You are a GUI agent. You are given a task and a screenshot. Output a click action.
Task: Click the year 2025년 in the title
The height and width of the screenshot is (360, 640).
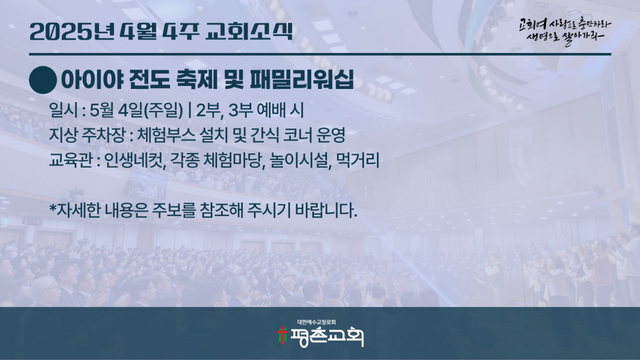[72, 31]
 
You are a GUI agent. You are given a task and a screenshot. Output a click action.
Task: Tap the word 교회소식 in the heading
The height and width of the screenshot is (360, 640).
[249, 31]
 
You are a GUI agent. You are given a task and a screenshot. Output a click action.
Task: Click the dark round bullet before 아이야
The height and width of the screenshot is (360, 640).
[43, 80]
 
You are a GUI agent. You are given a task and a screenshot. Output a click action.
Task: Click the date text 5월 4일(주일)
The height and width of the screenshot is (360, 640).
[136, 110]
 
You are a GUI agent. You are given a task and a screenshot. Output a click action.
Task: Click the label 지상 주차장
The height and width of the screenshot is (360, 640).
[87, 135]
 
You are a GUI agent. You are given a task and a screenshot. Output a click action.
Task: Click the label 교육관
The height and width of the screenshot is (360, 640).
[70, 160]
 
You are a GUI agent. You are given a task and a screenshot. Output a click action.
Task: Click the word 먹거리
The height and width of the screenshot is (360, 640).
[358, 160]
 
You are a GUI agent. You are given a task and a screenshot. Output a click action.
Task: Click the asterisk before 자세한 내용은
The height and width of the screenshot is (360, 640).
[52, 208]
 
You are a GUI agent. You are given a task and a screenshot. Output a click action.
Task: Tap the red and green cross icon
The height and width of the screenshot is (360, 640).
[282, 336]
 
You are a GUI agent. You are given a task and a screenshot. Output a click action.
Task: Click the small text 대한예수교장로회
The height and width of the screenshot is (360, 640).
[317, 322]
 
